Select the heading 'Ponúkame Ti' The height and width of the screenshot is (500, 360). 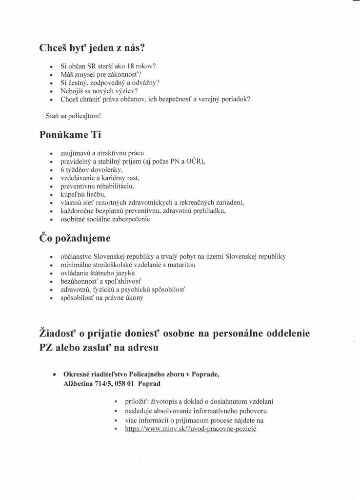pos(70,135)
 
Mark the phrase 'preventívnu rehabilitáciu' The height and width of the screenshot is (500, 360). pos(97,186)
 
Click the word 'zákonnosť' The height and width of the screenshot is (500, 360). pos(124,74)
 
